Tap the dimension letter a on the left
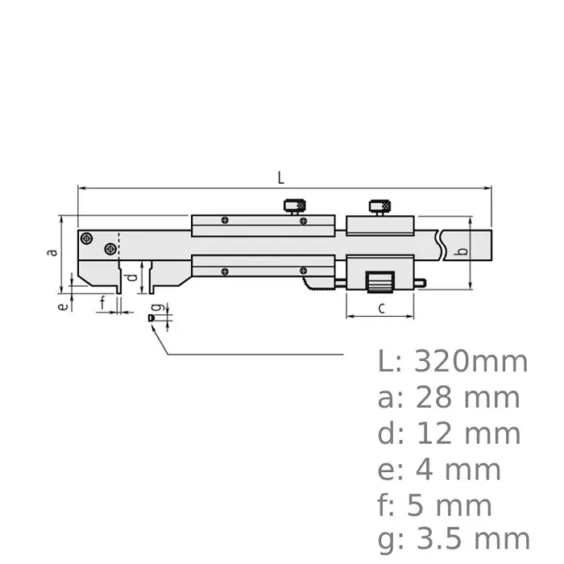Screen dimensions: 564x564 [52, 252]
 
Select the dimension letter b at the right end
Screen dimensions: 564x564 [461, 252]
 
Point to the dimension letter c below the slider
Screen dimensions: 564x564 [381, 307]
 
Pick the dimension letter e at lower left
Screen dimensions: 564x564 [60, 306]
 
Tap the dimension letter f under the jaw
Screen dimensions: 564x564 [103, 303]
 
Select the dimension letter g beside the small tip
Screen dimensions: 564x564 [158, 308]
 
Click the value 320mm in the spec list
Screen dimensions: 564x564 [471, 362]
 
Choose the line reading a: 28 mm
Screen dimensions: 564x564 [449, 397]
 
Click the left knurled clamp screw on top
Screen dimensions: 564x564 [294, 206]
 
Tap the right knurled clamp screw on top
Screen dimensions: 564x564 [379, 206]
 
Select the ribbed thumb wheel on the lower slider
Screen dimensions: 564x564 [379, 283]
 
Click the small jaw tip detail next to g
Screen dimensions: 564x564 [150, 320]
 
